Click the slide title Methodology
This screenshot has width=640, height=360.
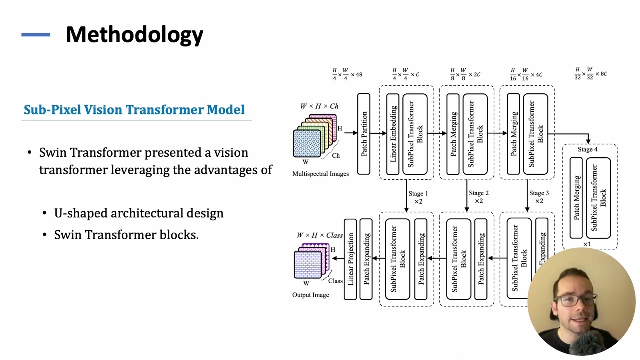click(x=134, y=35)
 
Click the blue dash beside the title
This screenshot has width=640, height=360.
click(x=36, y=35)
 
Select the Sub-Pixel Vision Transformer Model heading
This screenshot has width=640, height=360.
click(x=134, y=110)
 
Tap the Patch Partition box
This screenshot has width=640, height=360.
click(x=364, y=134)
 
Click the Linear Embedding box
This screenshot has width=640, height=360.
click(x=393, y=134)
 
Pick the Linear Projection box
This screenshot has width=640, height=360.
click(x=350, y=259)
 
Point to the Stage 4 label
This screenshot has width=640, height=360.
click(x=587, y=149)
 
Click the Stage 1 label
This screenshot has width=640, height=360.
click(x=418, y=193)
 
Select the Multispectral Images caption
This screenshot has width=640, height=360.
click(x=320, y=174)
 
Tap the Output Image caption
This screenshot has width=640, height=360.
click(x=310, y=295)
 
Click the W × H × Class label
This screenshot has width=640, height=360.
click(x=320, y=235)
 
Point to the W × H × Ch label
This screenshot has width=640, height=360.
click(x=319, y=106)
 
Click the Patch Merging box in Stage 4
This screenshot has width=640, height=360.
click(x=576, y=198)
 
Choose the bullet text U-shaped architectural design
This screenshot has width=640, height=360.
click(x=139, y=213)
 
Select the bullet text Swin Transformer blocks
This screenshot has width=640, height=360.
click(x=126, y=235)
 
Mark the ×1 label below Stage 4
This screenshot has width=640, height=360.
click(x=587, y=244)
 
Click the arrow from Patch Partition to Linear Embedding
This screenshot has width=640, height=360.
click(x=378, y=133)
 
